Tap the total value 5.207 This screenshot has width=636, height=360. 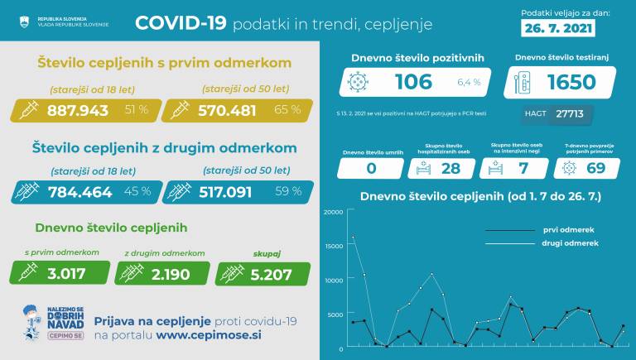pyautogui.click(x=275, y=273)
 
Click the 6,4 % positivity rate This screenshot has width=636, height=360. pyautogui.click(x=469, y=83)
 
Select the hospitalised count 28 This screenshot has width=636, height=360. pyautogui.click(x=450, y=168)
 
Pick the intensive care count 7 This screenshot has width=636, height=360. pyautogui.click(x=523, y=168)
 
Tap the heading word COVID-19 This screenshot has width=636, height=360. pyautogui.click(x=180, y=23)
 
